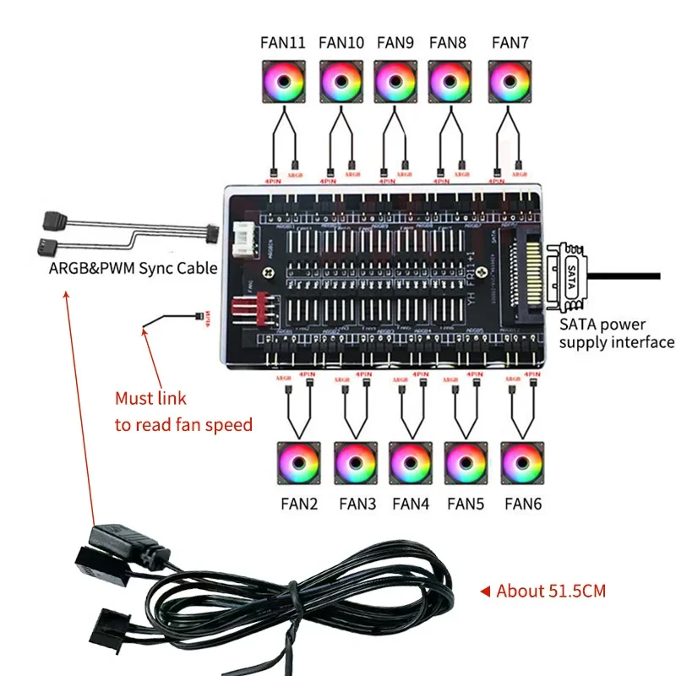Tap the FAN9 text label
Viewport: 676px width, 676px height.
(x=395, y=41)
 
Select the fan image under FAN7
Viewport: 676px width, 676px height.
(x=509, y=82)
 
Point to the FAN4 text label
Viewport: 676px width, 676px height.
(x=411, y=504)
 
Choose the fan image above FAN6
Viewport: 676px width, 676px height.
(x=522, y=463)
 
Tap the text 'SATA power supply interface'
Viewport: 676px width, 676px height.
(x=616, y=333)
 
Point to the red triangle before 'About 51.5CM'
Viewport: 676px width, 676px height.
(x=485, y=591)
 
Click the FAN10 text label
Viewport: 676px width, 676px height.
(x=342, y=41)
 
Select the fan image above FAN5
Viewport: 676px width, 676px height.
(x=466, y=463)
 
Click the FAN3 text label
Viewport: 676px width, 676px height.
(x=357, y=504)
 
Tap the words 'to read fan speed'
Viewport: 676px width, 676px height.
(x=183, y=424)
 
